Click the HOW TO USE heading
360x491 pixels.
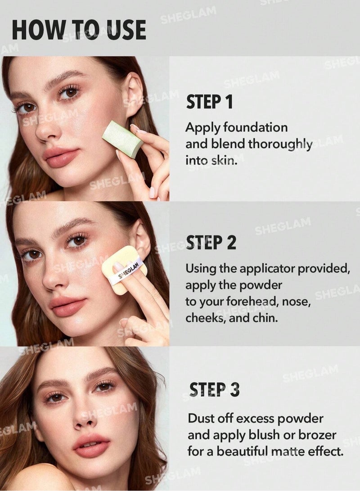pos(79,30)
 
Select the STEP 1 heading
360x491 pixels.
pos(209,102)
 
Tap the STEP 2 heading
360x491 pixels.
pos(211,243)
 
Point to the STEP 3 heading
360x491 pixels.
pos(214,389)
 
